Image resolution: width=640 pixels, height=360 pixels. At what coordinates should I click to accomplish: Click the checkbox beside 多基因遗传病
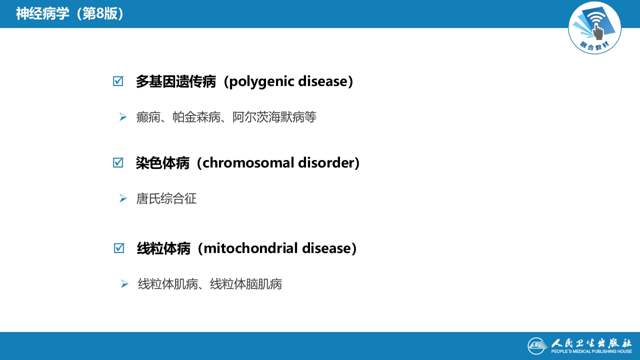(118, 81)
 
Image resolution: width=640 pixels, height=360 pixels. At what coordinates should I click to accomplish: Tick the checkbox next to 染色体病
(118, 163)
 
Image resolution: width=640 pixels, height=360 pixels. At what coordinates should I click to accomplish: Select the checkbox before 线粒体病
(119, 248)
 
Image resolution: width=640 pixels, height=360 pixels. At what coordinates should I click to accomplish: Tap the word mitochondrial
(243, 248)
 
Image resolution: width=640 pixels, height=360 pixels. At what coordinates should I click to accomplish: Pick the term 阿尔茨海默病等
(274, 117)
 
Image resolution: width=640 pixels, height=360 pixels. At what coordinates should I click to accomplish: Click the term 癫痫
(148, 117)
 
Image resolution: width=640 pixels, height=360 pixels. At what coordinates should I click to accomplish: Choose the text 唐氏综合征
(166, 199)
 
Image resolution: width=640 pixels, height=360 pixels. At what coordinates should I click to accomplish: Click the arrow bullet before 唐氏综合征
(123, 198)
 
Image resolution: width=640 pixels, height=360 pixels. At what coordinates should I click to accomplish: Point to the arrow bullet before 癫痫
(123, 117)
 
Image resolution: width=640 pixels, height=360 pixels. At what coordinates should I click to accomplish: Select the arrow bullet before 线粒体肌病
(124, 284)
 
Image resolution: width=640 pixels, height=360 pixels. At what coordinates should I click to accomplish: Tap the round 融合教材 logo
(594, 27)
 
